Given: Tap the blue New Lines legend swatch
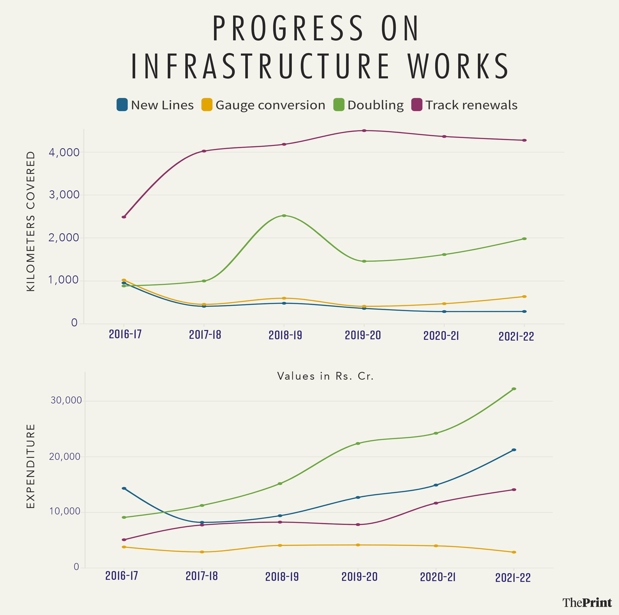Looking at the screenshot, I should (122, 105).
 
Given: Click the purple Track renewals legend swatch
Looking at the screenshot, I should (417, 105).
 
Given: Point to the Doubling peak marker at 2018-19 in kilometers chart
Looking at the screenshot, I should (284, 216).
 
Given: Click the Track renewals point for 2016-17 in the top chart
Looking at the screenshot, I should (124, 217).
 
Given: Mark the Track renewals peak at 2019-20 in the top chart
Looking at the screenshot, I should (364, 131).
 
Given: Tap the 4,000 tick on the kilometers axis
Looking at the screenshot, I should (64, 153).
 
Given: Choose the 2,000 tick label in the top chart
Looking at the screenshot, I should (64, 238).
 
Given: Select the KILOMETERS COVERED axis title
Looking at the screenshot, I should (31, 221).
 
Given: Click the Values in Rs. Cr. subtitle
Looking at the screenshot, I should (325, 376).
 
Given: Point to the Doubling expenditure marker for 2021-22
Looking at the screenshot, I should (514, 389).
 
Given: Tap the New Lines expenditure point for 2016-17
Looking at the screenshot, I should (124, 488).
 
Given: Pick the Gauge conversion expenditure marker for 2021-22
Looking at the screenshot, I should (514, 552).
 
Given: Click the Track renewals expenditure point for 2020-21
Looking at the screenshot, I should (436, 503).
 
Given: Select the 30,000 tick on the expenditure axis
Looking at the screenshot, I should (66, 401).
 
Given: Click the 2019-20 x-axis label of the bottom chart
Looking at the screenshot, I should (360, 577).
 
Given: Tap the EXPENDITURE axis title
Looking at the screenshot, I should (31, 467).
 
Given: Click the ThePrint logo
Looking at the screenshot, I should (587, 603).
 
